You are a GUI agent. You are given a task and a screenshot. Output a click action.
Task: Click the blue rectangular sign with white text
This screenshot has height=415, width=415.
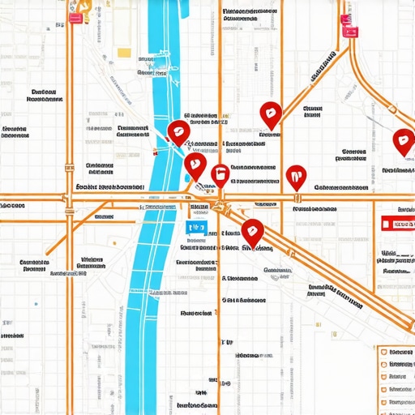pyautogui.click(x=196, y=229)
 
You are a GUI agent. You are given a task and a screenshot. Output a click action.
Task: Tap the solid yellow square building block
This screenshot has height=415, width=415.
pyautogui.click(x=124, y=53)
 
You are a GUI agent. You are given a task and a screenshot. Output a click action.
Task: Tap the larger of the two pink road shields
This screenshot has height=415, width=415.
pyautogui.click(x=350, y=31)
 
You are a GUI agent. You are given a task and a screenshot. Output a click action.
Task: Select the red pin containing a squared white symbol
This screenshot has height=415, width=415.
pyautogui.click(x=220, y=174)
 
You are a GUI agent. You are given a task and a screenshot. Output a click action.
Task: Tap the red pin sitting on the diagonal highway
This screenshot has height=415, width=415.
pyautogui.click(x=254, y=233)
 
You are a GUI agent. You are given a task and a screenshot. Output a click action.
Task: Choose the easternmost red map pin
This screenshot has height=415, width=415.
pyautogui.click(x=403, y=141)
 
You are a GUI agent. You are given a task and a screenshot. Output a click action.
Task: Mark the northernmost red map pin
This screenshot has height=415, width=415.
pyautogui.click(x=270, y=114)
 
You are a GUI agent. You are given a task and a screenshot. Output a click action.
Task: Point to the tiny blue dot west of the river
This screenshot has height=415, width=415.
pyautogui.click(x=36, y=304)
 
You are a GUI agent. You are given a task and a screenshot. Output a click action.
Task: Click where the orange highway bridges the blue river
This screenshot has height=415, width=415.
pyautogui.click(x=162, y=197)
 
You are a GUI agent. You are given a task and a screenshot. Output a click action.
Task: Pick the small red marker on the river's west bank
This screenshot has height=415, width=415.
pyautogui.click(x=158, y=152)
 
